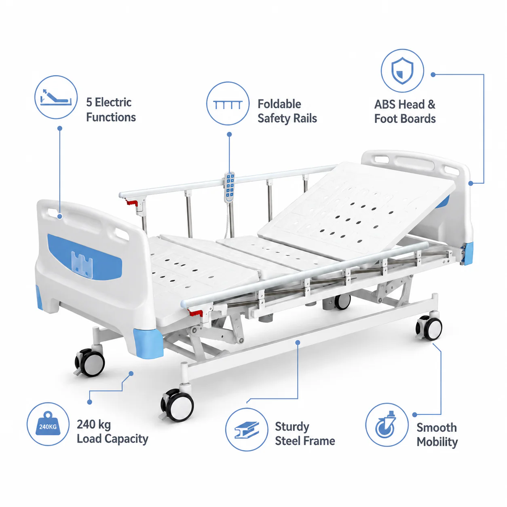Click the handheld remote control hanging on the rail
229,187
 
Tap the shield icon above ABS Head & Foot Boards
402,70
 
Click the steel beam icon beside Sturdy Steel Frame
247,430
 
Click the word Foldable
279,104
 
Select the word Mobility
437,442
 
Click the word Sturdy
292,427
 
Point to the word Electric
113,102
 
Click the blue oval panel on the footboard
84,256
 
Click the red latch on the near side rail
195,313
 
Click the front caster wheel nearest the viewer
178,406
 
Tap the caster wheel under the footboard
90,363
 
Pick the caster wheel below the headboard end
429,329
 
